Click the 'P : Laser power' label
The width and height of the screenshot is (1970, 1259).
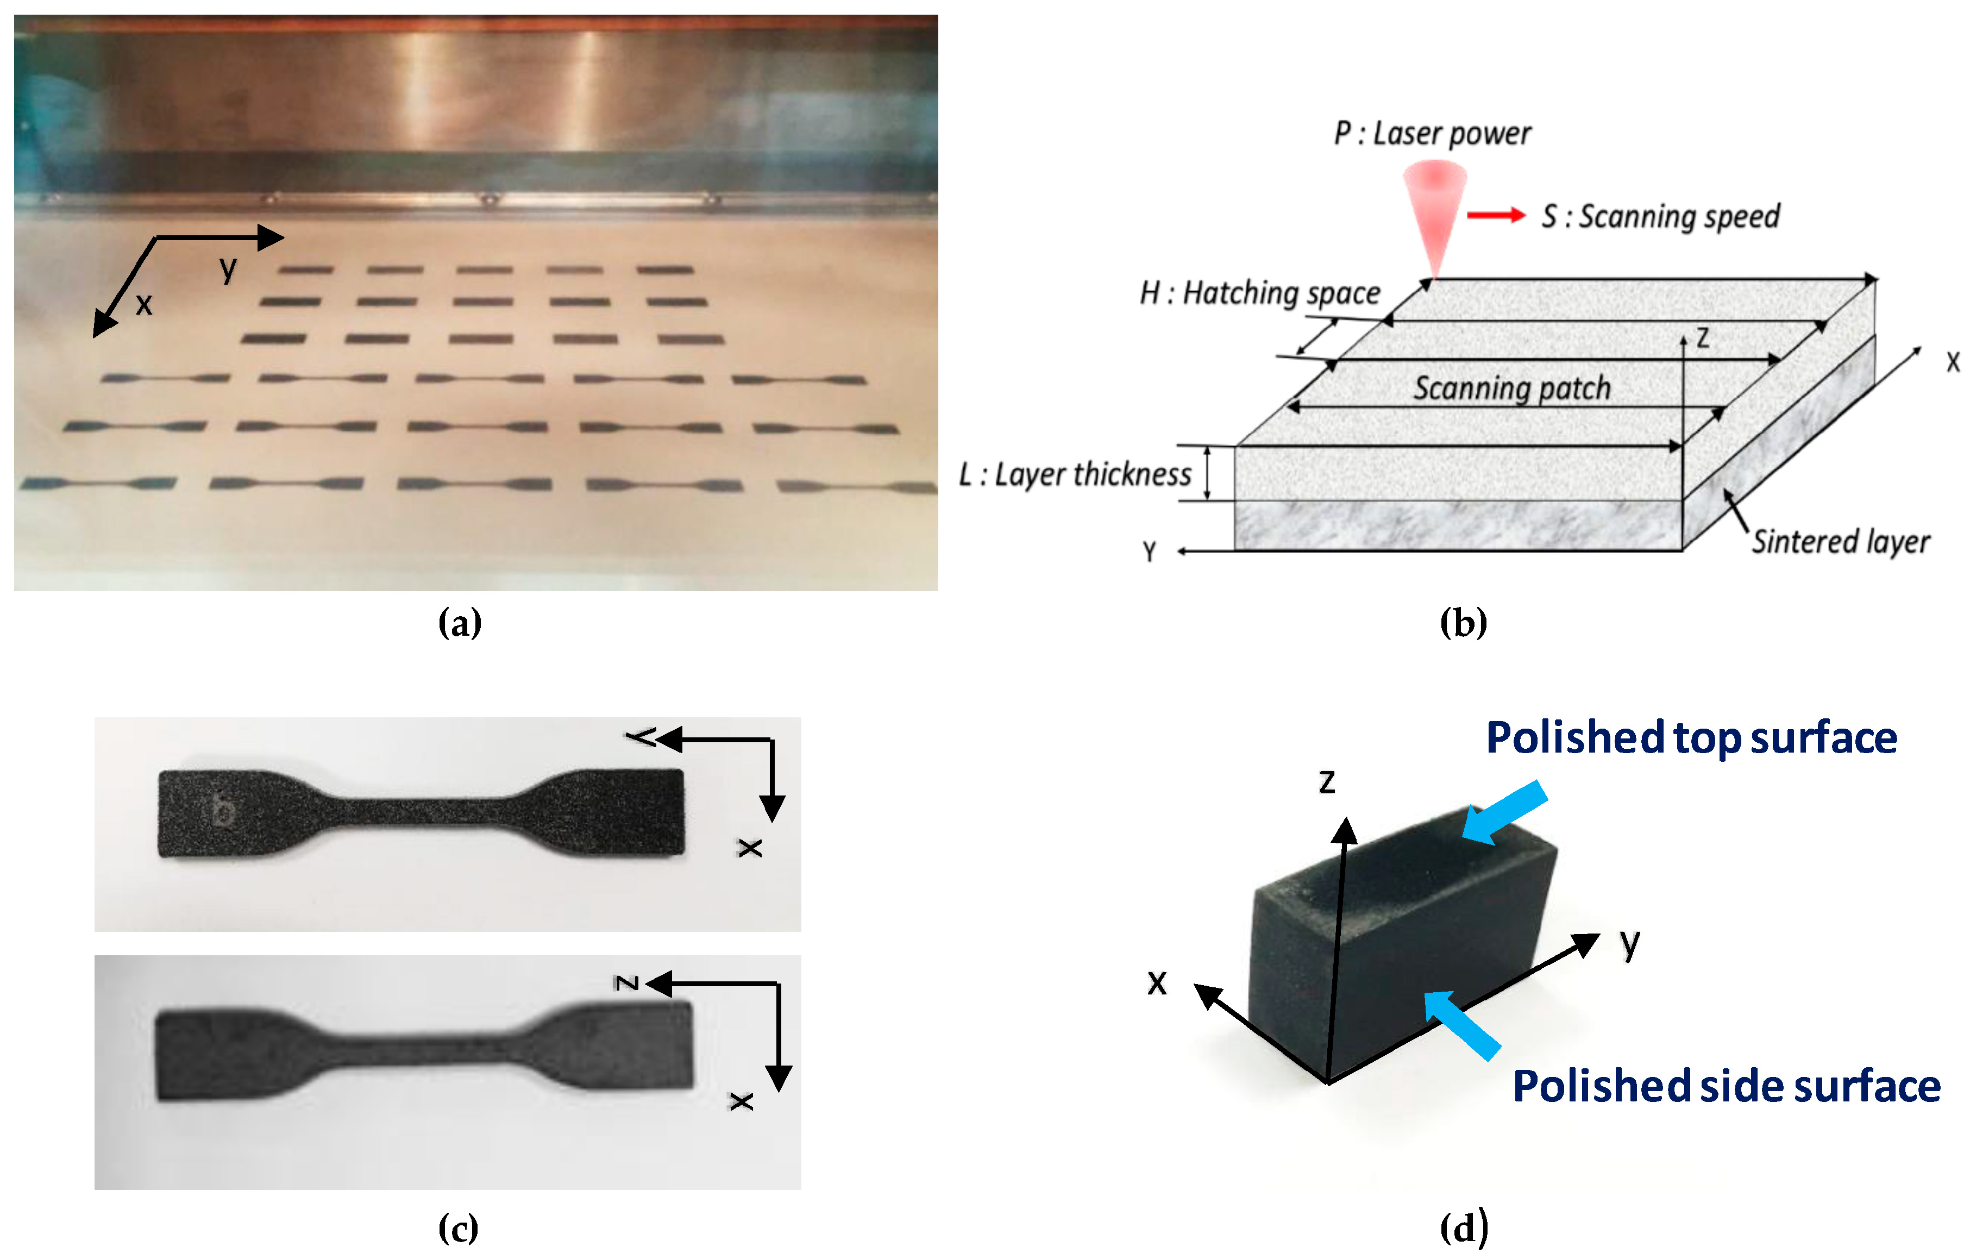[x=1432, y=133]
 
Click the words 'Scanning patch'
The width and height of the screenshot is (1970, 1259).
[x=1512, y=388]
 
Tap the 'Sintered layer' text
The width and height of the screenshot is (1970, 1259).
[x=1841, y=542]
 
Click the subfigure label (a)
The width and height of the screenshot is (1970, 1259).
[x=460, y=623]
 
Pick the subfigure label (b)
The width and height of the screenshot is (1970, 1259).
[x=1463, y=623]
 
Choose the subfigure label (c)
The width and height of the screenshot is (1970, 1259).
[x=458, y=1229]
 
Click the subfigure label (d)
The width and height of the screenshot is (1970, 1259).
[x=1463, y=1229]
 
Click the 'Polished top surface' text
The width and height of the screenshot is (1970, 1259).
[x=1691, y=738]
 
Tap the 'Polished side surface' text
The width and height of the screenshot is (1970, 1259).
[x=1726, y=1086]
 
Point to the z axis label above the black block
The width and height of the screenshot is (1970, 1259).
[x=1327, y=781]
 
